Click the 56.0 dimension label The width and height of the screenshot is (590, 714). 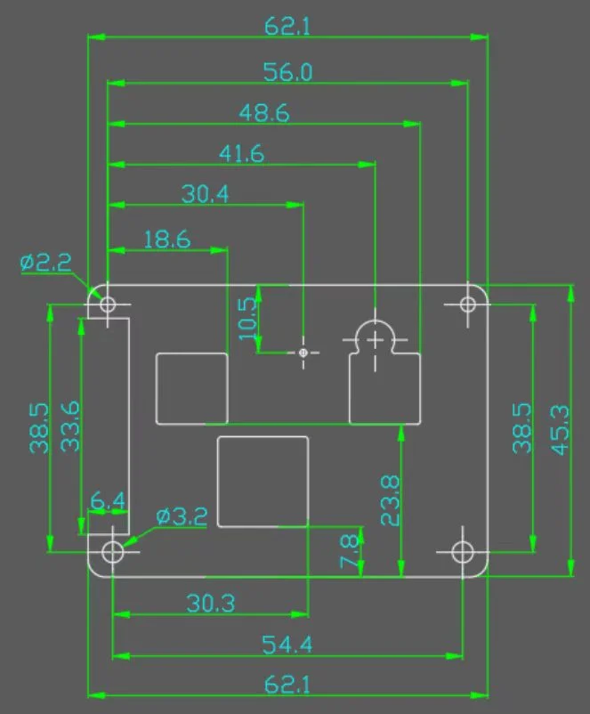coord(287,72)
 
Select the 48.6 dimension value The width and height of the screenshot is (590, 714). coord(264,112)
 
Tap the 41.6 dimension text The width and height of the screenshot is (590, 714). coord(241,153)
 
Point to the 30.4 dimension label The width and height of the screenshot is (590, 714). coord(205,194)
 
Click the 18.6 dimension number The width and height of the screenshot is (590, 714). coord(167,239)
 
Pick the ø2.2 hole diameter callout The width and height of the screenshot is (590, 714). coord(46,263)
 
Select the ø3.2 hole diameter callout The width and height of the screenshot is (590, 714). coord(182,516)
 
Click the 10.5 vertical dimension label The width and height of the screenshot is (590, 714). coord(247,319)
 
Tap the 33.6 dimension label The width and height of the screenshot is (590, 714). coord(70,426)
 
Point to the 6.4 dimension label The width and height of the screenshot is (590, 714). coord(108,501)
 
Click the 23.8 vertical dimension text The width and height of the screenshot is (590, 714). coord(390,500)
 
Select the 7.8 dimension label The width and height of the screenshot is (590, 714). coord(349,551)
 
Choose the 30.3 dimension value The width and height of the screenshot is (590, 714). coord(211,604)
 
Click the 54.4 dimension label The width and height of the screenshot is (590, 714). coord(287,645)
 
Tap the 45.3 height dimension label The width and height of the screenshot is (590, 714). coord(560,430)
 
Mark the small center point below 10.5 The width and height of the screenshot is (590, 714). coord(303,353)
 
